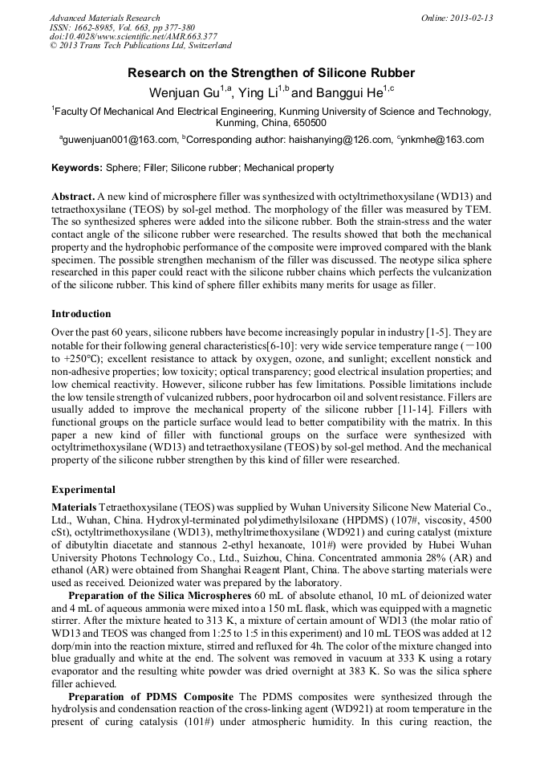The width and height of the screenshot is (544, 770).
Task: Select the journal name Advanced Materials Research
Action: (104, 18)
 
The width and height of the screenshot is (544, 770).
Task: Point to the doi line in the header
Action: (133, 37)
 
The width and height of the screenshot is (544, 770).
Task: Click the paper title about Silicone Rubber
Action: (271, 73)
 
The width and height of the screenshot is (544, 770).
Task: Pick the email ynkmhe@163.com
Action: (443, 140)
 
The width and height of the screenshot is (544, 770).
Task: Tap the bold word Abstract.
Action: (73, 197)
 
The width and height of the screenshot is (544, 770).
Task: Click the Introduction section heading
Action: (81, 313)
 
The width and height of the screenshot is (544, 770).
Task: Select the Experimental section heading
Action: (83, 489)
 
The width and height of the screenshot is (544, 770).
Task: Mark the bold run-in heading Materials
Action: (74, 507)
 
